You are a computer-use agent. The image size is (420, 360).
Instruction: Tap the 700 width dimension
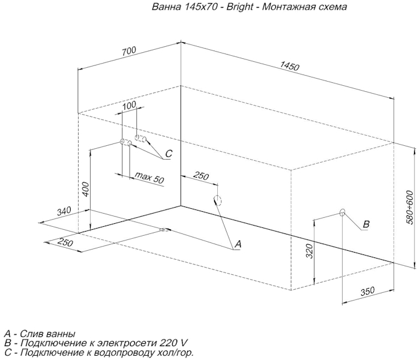point(128,52)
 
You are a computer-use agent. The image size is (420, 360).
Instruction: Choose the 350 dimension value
point(368,291)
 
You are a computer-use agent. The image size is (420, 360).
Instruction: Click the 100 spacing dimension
point(128,106)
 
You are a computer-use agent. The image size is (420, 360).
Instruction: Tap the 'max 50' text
point(149,178)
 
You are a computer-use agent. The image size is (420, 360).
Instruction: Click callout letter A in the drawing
point(238,244)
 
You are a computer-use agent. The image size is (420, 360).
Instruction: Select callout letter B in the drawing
point(365,224)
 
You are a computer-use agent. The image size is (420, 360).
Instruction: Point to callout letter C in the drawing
point(169,154)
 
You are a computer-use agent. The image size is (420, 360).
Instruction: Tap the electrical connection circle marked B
point(343,212)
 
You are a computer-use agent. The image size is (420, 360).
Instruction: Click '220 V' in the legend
point(175,343)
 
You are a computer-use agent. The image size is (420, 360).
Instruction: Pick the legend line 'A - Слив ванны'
point(40,334)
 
